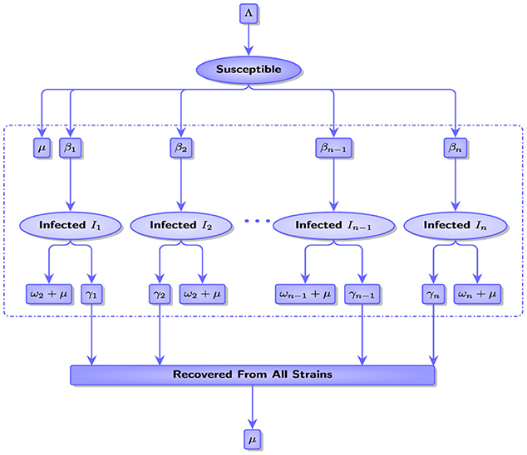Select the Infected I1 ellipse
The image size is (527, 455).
(71, 224)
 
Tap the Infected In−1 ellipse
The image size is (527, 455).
(332, 224)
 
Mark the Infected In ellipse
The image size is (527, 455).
(456, 224)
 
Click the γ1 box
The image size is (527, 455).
(91, 294)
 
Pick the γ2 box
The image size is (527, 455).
(160, 294)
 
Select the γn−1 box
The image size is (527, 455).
(362, 294)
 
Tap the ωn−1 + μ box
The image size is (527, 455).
(303, 294)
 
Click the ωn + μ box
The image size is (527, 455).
(477, 294)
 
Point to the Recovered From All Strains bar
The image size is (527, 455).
(252, 375)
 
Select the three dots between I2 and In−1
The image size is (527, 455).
(258, 222)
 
